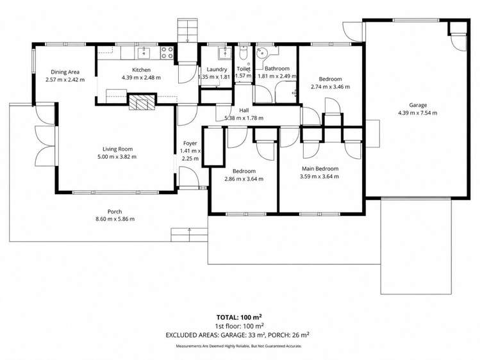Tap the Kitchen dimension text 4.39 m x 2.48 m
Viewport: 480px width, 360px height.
point(141,78)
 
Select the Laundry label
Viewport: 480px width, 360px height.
point(213,69)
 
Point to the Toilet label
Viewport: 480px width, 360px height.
point(243,69)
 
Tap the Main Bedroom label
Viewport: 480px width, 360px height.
point(320,169)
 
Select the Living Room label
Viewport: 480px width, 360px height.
point(116,149)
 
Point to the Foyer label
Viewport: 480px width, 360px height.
point(190,143)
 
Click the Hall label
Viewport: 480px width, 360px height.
point(244,110)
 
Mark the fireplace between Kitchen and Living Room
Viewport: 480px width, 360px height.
point(141,102)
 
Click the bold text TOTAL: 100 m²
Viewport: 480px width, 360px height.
point(240,316)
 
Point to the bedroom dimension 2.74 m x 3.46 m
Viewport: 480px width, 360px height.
point(330,86)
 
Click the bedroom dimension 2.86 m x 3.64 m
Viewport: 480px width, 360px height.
point(244,179)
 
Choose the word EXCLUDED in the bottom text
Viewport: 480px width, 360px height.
point(186,334)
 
